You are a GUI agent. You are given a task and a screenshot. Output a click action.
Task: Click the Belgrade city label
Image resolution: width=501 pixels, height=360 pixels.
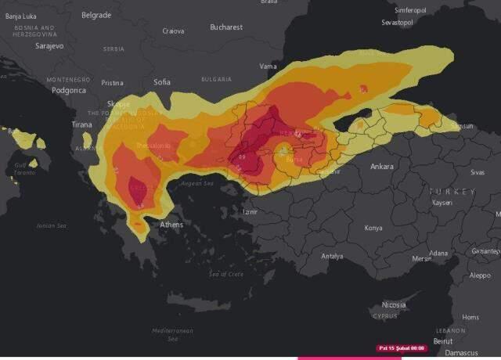96,15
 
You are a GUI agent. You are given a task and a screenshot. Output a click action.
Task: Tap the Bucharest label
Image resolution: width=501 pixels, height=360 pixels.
226,27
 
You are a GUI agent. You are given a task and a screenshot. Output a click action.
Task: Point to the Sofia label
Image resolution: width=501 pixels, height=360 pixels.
162,82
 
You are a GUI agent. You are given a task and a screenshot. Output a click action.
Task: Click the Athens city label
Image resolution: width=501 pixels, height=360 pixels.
171,225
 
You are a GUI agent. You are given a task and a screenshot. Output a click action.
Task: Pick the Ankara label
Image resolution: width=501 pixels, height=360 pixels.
381,167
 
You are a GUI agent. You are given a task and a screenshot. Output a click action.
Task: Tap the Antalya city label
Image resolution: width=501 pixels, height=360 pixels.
332,256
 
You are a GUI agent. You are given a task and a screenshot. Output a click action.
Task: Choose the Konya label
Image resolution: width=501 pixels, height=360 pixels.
373,228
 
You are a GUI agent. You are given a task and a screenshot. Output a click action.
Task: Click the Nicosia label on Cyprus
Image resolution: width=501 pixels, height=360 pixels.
394,304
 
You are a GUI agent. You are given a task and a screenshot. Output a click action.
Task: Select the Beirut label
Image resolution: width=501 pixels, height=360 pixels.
442,342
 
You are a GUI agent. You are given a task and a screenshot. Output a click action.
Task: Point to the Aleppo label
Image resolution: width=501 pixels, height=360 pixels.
479,275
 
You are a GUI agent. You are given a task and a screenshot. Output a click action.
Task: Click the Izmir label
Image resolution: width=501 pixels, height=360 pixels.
250,212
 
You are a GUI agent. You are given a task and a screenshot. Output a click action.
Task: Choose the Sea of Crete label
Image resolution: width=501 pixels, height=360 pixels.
226,274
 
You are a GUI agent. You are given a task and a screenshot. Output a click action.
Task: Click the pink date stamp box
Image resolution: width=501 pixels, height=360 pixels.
402,347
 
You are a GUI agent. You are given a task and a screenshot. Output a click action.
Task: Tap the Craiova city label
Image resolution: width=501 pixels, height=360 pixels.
173,31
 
